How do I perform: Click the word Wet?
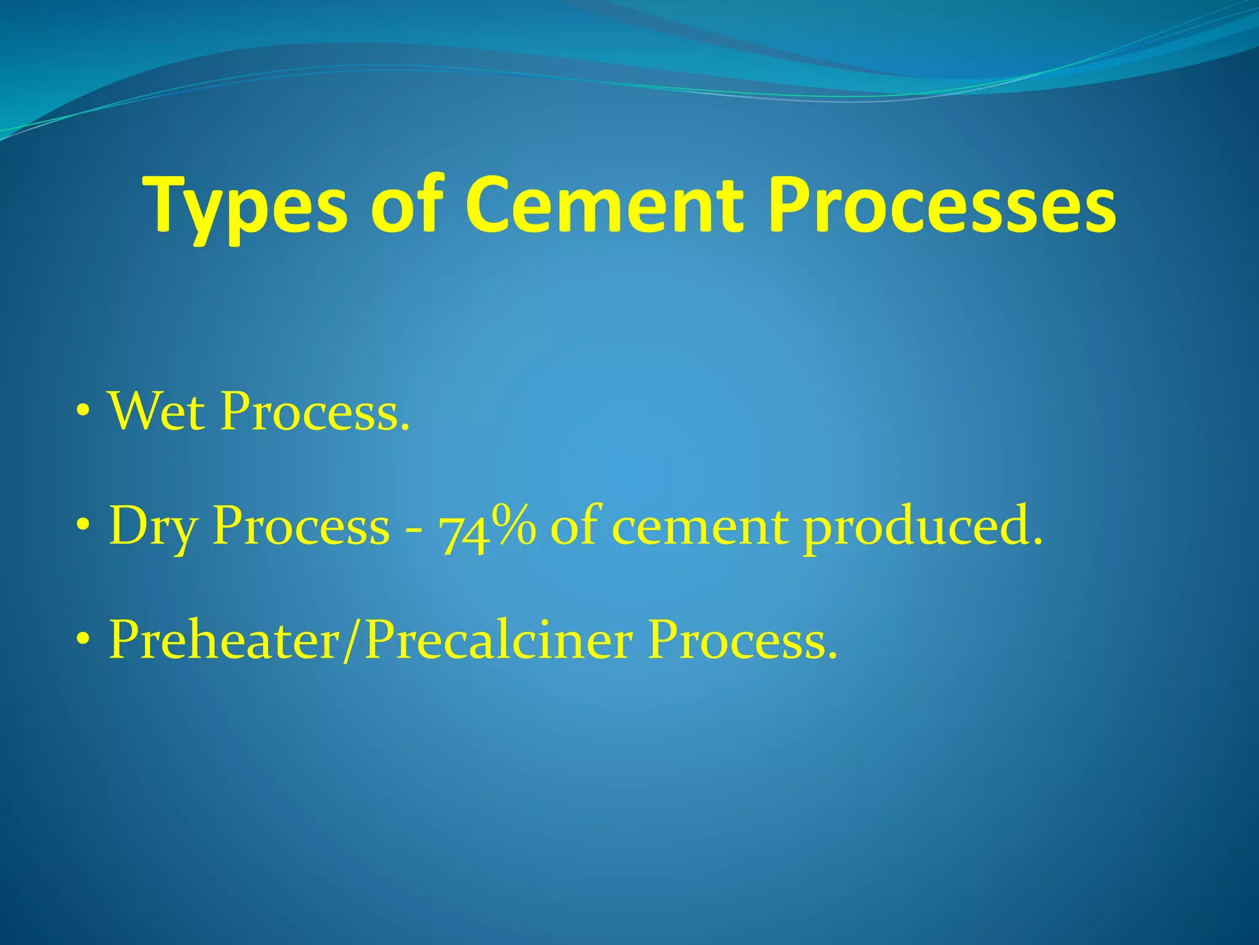[x=156, y=411]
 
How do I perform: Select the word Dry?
[x=153, y=528]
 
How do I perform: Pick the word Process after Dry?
[x=301, y=528]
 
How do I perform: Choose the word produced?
[x=923, y=528]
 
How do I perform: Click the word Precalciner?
[x=498, y=640]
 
